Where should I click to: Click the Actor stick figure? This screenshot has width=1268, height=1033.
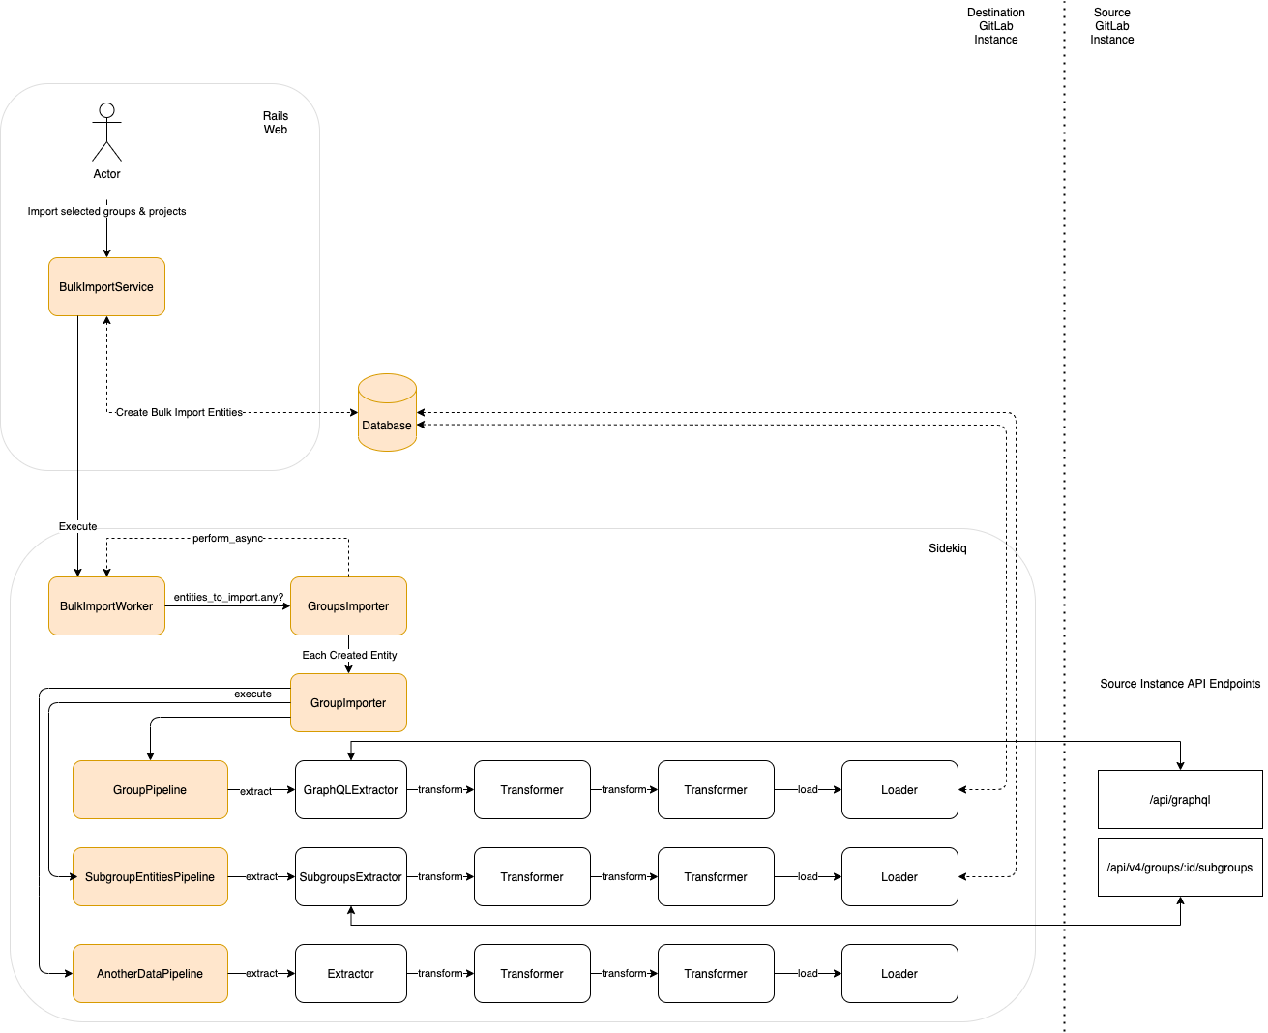pyautogui.click(x=106, y=133)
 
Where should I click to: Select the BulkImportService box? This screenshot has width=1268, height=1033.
pyautogui.click(x=106, y=287)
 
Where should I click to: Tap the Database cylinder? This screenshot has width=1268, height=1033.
pyautogui.click(x=387, y=414)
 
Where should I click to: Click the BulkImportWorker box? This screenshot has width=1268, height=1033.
pyautogui.click(x=106, y=606)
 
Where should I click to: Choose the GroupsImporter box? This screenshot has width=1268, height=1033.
pyautogui.click(x=348, y=606)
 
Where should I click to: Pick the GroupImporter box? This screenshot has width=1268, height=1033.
pyautogui.click(x=348, y=703)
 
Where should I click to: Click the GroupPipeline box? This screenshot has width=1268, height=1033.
pyautogui.click(x=150, y=790)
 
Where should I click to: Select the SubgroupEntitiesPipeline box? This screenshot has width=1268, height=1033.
pyautogui.click(x=150, y=877)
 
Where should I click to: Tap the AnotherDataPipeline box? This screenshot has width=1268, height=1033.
pyautogui.click(x=150, y=974)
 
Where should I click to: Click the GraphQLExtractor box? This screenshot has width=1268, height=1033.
pyautogui.click(x=350, y=790)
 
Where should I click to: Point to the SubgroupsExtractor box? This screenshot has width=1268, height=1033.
pyautogui.click(x=350, y=877)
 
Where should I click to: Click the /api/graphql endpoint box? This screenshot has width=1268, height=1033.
pyautogui.click(x=1179, y=800)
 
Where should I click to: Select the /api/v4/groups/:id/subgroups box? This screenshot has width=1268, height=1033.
pyautogui.click(x=1179, y=868)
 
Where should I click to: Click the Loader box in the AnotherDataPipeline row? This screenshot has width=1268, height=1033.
pyautogui.click(x=899, y=974)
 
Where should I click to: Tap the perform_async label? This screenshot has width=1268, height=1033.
pyautogui.click(x=227, y=539)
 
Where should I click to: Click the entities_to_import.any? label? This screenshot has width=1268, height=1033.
pyautogui.click(x=228, y=598)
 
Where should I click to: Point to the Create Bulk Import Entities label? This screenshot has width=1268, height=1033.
pyautogui.click(x=179, y=413)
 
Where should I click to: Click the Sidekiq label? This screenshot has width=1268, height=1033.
pyautogui.click(x=947, y=548)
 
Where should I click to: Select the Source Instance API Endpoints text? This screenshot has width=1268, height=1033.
pyautogui.click(x=1179, y=684)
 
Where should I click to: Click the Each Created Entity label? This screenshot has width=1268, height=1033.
pyautogui.click(x=349, y=656)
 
